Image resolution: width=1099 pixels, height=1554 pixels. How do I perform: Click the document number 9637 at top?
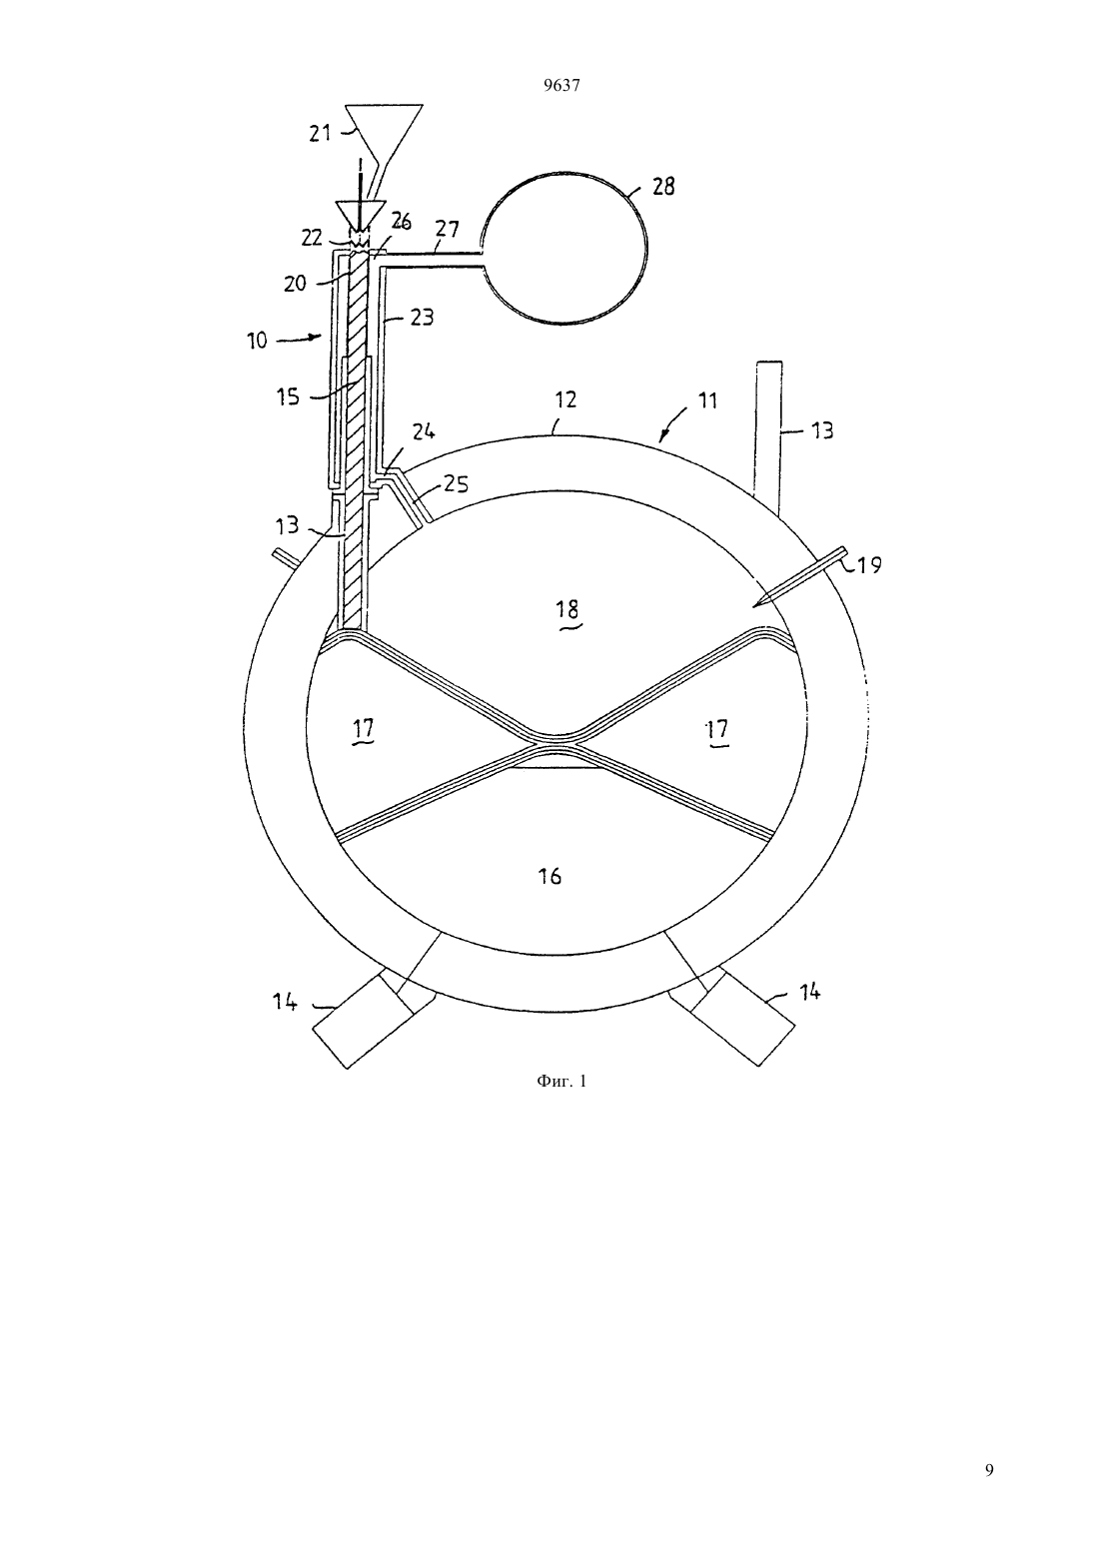click(x=561, y=85)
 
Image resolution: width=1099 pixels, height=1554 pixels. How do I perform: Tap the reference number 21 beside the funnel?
click(x=320, y=133)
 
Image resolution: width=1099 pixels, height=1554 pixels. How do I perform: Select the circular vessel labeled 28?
click(x=565, y=248)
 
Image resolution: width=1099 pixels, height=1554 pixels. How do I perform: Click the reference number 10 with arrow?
click(x=257, y=341)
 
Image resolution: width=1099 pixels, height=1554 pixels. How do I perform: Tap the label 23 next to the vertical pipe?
click(x=422, y=317)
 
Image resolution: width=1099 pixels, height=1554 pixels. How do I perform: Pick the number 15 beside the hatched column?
click(x=288, y=396)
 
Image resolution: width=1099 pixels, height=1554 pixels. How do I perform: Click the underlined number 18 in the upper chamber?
click(x=567, y=610)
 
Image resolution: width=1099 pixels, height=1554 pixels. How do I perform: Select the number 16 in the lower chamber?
click(x=550, y=876)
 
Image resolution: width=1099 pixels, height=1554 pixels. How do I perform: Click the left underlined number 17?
click(x=364, y=729)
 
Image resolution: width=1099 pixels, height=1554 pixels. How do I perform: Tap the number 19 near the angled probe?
click(x=869, y=565)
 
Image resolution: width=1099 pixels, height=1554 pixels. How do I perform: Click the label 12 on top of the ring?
click(x=566, y=399)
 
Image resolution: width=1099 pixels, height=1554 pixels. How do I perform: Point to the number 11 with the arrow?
click(x=706, y=400)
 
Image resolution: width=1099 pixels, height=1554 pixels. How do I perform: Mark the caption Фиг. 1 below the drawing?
click(x=561, y=1081)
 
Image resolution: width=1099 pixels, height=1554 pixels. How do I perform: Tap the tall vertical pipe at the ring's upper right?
click(x=770, y=438)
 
